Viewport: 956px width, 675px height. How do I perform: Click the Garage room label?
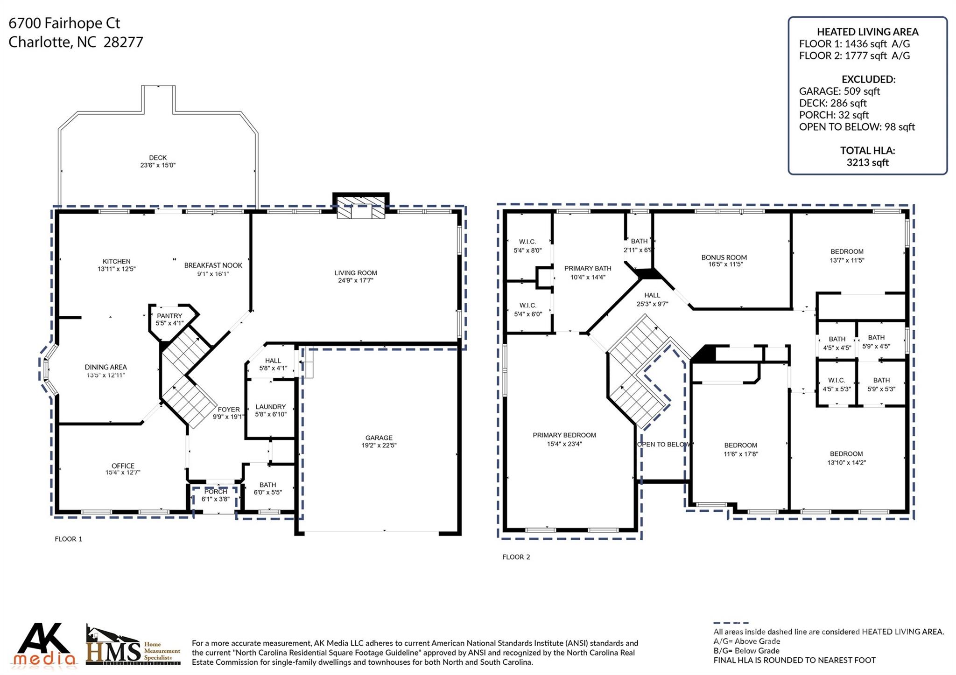click(x=379, y=438)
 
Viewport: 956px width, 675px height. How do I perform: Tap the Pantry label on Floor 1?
click(x=169, y=316)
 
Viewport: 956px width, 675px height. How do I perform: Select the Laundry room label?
click(x=270, y=407)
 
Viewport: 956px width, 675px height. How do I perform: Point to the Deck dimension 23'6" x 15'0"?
click(x=158, y=165)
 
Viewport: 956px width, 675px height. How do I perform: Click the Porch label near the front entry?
click(x=216, y=492)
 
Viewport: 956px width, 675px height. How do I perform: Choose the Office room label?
click(x=123, y=466)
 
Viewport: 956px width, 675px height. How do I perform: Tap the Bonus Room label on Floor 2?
click(x=724, y=257)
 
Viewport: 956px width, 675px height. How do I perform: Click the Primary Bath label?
click(x=588, y=268)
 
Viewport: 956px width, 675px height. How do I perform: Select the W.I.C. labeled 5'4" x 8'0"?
click(x=527, y=246)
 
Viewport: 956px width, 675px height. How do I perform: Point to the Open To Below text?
click(x=663, y=444)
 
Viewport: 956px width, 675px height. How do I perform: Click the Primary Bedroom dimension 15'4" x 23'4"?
click(x=564, y=444)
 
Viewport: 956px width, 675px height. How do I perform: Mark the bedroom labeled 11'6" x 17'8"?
click(x=741, y=449)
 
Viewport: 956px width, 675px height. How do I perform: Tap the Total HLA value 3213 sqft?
click(x=867, y=162)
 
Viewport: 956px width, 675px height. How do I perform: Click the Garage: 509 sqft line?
click(x=839, y=91)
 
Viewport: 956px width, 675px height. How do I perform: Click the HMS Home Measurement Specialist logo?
click(x=133, y=646)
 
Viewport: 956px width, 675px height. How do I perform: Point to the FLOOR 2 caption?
click(x=516, y=557)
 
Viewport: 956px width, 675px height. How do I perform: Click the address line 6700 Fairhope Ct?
click(x=64, y=23)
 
